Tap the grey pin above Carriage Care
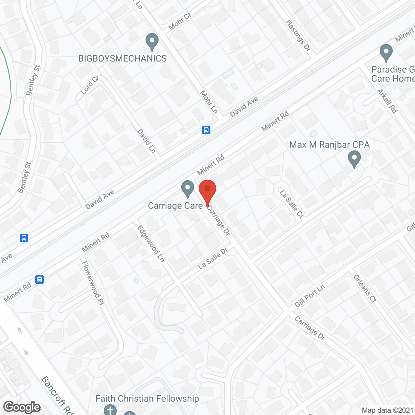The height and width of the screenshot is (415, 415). coord(187,189)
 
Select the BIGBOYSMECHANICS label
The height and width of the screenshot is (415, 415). coord(123,58)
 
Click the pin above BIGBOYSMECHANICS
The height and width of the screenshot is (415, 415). coord(152,42)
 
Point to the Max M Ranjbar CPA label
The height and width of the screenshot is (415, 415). coord(329,145)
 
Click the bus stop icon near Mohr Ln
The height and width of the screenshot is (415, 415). coord(206,130)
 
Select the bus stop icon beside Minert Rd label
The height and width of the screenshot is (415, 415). coord(40,279)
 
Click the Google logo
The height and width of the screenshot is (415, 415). coord(22,407)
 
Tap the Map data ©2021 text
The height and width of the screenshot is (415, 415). coord(387,410)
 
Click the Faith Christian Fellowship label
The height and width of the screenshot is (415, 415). coord(147,398)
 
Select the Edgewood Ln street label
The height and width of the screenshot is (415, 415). coord(151,243)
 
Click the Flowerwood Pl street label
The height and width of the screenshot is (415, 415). coord(93,283)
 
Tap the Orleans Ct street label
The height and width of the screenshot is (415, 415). coord(365,289)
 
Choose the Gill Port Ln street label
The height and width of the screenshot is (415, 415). coord(310,296)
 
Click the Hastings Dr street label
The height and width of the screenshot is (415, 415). coord(298,35)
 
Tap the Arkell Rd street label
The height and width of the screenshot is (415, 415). coord(387,101)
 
